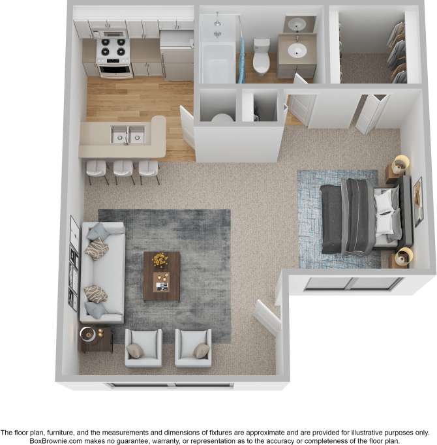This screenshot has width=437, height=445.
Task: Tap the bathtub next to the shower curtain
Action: coord(217,62)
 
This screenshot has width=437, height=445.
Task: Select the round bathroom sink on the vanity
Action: coord(297,50)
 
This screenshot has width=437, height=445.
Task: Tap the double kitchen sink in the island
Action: coord(128,135)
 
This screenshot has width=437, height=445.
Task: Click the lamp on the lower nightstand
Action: coord(404,254)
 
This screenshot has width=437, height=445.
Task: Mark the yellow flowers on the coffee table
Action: coord(160,260)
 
